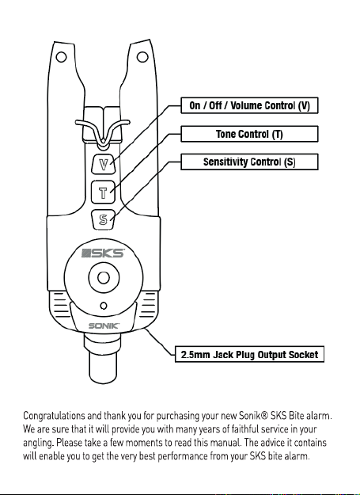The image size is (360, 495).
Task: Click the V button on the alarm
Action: pos(104,164)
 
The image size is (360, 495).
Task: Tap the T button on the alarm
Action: pos(103,192)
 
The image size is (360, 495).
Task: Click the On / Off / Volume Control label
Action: pos(249,105)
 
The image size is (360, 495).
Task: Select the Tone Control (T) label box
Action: pos(249,134)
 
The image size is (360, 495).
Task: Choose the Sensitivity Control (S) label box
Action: pos(249,162)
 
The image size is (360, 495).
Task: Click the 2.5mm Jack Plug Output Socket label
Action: pos(249,354)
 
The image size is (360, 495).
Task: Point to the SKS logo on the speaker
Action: pos(103,253)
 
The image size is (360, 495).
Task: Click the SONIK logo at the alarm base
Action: pos(104,326)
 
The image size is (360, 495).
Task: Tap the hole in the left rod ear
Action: pos(61,57)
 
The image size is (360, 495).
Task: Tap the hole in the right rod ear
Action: pos(142,57)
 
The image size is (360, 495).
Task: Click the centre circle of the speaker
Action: pos(104,278)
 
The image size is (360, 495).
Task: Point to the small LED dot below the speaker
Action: pos(104,306)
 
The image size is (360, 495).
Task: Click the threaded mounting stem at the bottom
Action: pos(103,359)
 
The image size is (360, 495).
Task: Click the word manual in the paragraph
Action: pos(220,443)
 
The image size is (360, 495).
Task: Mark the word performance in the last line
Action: pos(183,457)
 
